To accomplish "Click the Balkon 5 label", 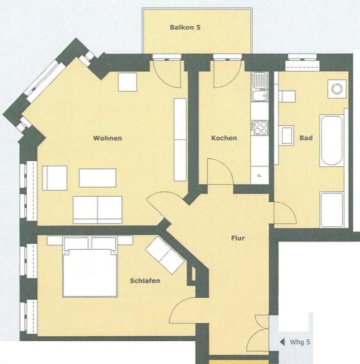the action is (185, 27).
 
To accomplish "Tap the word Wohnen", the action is (108, 138).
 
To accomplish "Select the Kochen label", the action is (224, 138).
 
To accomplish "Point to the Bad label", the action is (306, 138).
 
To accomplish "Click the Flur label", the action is (238, 238).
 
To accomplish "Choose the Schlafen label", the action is (145, 281).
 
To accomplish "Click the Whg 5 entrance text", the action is (300, 342).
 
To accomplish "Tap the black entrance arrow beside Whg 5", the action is (282, 342).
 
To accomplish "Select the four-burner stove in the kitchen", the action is (260, 128).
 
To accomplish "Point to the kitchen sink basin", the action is (260, 95).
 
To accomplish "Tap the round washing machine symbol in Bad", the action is (337, 89).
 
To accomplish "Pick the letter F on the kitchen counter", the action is (260, 175).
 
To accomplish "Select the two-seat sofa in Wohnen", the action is (98, 210).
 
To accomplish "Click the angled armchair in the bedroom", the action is (165, 255).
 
